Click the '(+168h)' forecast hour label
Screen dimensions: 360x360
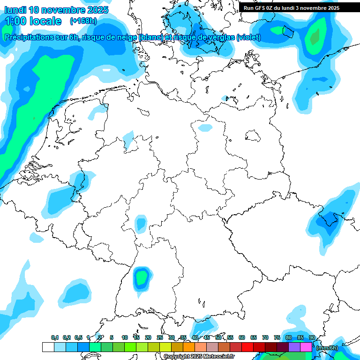[83, 21]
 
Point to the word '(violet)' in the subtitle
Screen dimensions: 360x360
[249, 37]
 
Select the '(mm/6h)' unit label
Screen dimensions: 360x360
[327, 347]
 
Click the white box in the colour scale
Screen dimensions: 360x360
[48, 347]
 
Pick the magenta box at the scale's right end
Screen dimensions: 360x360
[306, 347]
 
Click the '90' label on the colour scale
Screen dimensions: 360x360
[312, 337]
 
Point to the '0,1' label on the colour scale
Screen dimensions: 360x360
[54, 337]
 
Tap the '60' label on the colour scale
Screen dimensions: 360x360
[242, 337]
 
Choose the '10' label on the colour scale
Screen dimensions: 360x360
[125, 337]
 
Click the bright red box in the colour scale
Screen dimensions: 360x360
[247, 347]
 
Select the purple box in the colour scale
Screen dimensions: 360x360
[294, 347]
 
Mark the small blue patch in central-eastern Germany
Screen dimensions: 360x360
[205, 127]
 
